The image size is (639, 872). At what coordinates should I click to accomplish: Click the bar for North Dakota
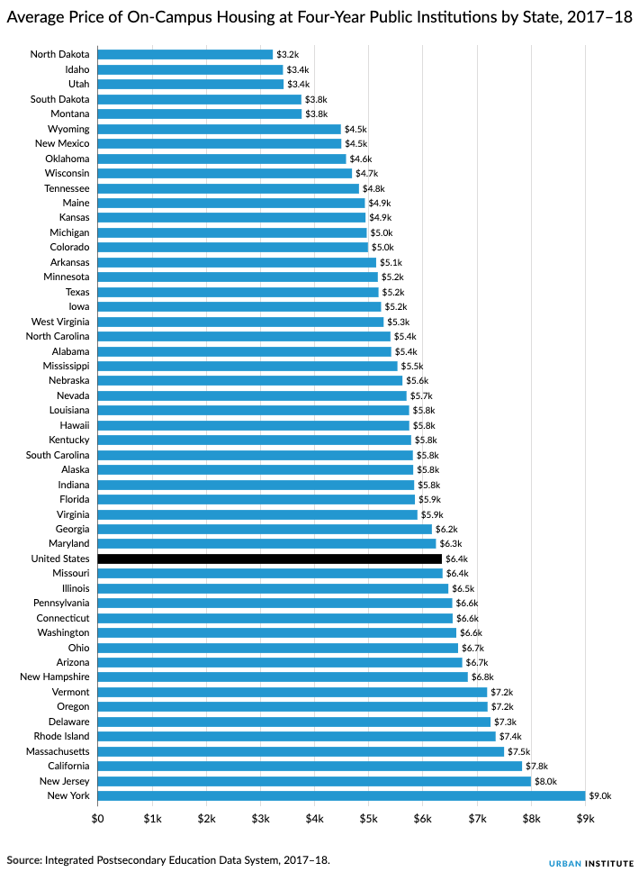pyautogui.click(x=184, y=54)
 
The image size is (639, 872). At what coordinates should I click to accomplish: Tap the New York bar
pyautogui.click(x=340, y=796)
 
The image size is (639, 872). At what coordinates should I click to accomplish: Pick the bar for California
pyautogui.click(x=309, y=767)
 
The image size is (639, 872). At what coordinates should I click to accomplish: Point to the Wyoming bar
pyautogui.click(x=219, y=129)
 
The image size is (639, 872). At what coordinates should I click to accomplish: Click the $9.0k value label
pyautogui.click(x=599, y=796)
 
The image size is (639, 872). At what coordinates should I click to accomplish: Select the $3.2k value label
pyautogui.click(x=287, y=55)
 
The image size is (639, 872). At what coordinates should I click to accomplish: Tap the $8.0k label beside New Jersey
pyautogui.click(x=545, y=781)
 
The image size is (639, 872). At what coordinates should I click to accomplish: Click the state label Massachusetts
pyautogui.click(x=57, y=751)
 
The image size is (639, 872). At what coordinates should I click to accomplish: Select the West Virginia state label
pyautogui.click(x=60, y=322)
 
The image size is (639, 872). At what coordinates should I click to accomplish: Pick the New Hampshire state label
pyautogui.click(x=55, y=677)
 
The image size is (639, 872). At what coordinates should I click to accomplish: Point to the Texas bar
pyautogui.click(x=238, y=292)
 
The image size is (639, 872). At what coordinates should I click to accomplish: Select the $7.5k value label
pyautogui.click(x=518, y=751)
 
